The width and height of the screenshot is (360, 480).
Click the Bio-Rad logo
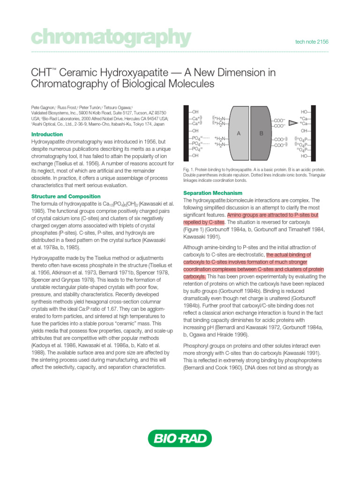pos(180,439)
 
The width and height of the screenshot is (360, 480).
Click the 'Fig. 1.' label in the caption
pos(188,169)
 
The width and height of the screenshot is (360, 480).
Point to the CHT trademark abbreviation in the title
pos(40,73)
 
